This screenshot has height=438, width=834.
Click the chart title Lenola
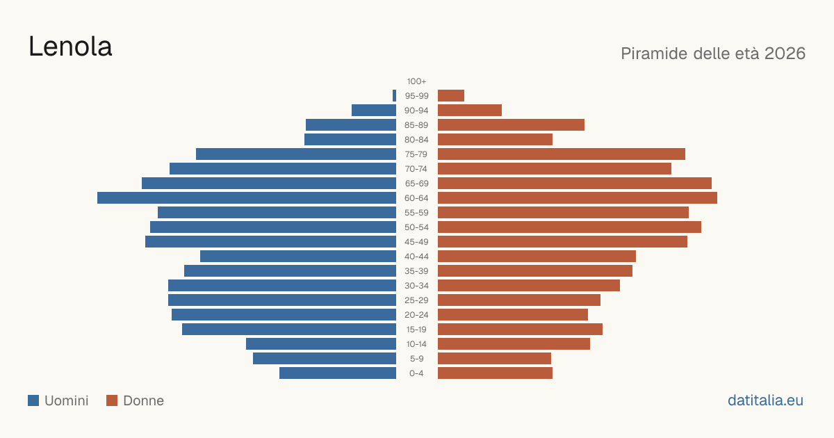[x=70, y=47]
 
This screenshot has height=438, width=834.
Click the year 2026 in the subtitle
[x=785, y=54]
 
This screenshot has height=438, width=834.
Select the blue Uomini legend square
[x=33, y=400]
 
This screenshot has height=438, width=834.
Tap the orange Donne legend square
[x=112, y=400]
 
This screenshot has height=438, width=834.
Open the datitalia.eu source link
[x=765, y=400]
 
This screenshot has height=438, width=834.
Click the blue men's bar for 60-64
[x=247, y=197]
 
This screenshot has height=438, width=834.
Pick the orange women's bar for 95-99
[x=451, y=96]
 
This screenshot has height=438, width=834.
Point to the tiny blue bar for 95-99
[x=394, y=96]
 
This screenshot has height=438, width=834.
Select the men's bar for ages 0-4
[x=338, y=373]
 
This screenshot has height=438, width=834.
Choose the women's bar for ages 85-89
[x=512, y=124]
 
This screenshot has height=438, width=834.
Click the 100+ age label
[x=416, y=81]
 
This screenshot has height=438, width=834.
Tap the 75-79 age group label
[x=416, y=154]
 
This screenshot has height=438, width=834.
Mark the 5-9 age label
[x=416, y=359]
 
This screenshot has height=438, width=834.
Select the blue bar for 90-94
[x=374, y=111]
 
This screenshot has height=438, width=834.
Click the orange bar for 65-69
[x=575, y=184]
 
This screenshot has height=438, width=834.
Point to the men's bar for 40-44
[x=298, y=257]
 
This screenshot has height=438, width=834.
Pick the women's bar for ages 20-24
[x=513, y=315]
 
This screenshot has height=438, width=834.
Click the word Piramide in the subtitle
[x=654, y=54]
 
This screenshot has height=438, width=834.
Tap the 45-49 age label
[x=416, y=242]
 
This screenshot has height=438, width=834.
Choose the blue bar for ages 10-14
[x=321, y=343]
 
